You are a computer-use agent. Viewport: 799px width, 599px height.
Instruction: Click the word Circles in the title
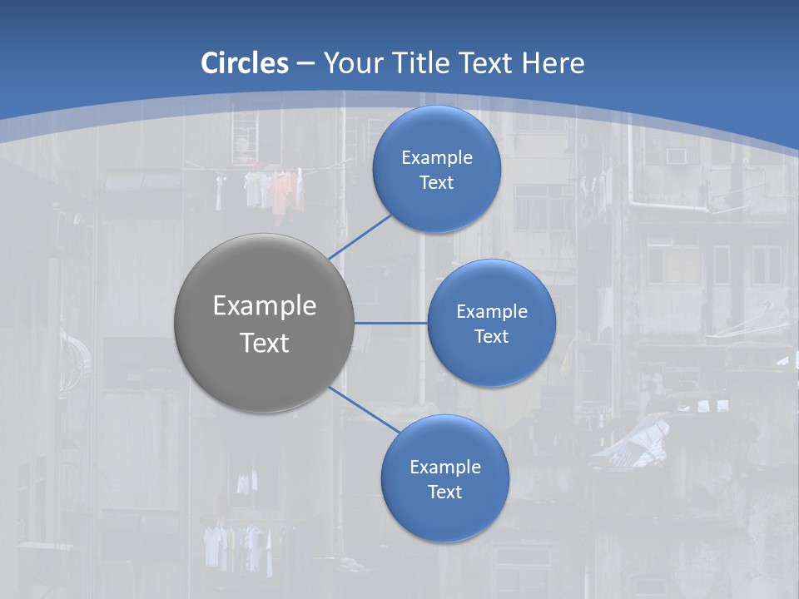tap(245, 63)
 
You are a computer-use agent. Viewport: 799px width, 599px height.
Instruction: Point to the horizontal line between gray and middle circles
tap(390, 323)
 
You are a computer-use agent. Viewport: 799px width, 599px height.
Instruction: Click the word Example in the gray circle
tap(265, 306)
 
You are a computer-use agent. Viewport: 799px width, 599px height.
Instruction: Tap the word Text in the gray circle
tap(265, 343)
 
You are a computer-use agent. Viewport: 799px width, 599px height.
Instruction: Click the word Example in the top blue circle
tap(437, 157)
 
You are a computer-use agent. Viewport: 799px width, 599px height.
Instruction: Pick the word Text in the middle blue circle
tap(491, 337)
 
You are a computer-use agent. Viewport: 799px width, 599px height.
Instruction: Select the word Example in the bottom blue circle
tap(445, 467)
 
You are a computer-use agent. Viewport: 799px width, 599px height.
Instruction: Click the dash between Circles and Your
tap(305, 63)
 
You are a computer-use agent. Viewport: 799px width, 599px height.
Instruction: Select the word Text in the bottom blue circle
tap(444, 493)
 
